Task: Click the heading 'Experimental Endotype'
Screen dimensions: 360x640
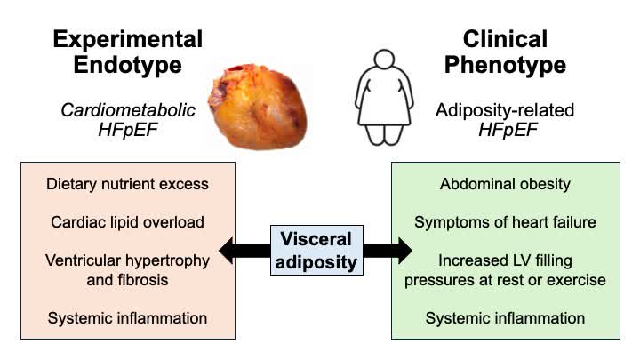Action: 127,52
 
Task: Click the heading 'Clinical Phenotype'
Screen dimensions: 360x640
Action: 506,52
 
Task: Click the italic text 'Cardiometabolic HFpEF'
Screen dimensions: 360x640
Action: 127,121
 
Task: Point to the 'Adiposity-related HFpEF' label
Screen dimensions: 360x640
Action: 505,121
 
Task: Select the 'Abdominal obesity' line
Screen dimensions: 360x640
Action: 505,185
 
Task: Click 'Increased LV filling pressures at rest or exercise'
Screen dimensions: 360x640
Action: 505,270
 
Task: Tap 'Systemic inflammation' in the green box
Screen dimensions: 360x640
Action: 505,317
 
